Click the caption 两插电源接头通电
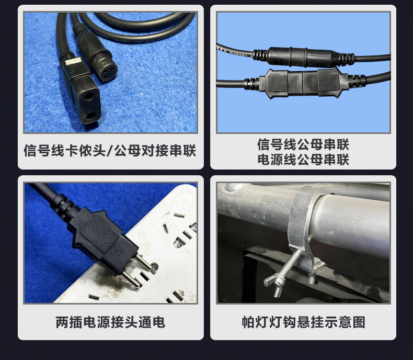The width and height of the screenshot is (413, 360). click(x=110, y=322)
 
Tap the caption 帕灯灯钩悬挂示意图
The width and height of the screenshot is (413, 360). click(x=303, y=322)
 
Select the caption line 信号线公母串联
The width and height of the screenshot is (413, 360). click(x=303, y=144)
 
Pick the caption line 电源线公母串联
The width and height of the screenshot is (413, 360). click(x=303, y=160)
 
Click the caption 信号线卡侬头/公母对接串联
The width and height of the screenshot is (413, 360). click(x=110, y=151)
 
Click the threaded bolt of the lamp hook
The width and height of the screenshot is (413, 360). click(x=290, y=266)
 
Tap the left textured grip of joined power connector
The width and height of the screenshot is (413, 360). click(x=278, y=83)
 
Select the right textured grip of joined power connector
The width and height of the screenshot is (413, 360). click(x=328, y=82)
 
